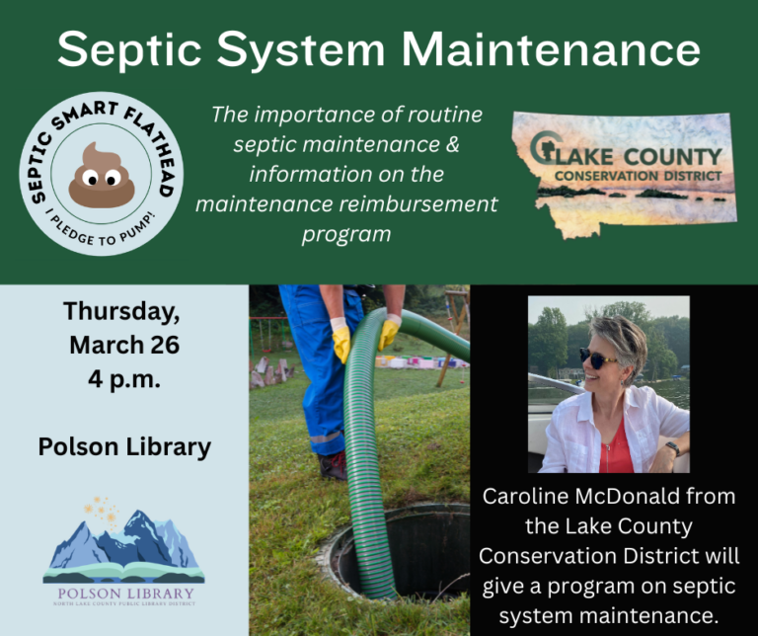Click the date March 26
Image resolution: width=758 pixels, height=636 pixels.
coord(123,346)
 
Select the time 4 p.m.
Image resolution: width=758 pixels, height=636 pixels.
coord(123,380)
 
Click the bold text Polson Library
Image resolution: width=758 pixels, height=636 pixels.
coord(124,447)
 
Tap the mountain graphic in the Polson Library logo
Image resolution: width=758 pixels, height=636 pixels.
coord(123,541)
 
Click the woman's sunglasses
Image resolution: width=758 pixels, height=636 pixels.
coord(597,357)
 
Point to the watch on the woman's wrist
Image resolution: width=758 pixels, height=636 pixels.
coord(672,448)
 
